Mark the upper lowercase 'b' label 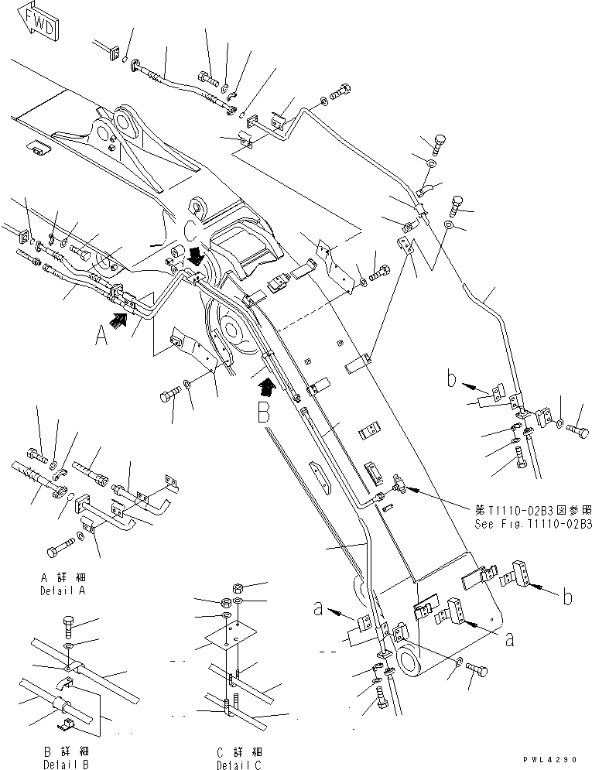point(450,380)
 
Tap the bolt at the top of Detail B point(67,626)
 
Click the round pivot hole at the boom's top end point(123,121)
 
